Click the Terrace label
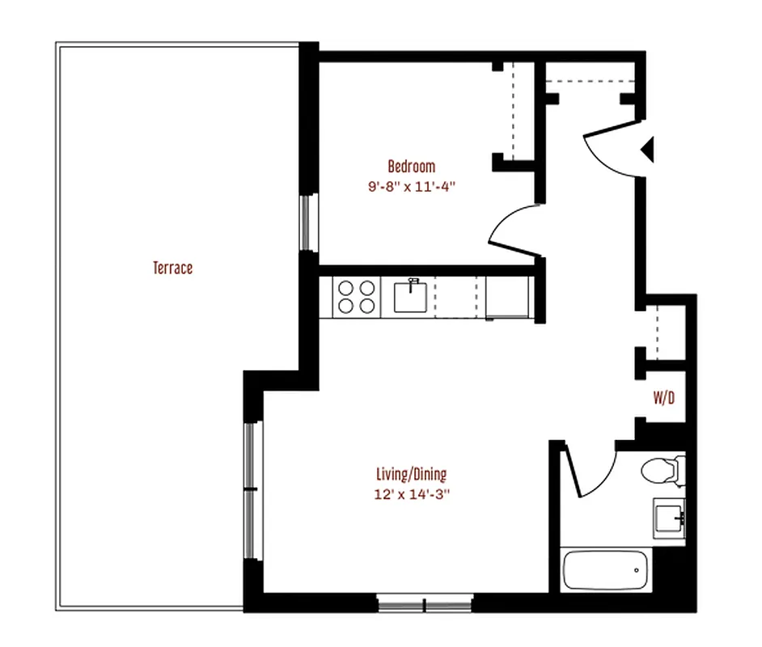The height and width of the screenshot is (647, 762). pyautogui.click(x=173, y=268)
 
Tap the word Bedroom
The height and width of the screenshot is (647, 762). pyautogui.click(x=411, y=167)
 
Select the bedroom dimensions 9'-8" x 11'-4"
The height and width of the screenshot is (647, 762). pyautogui.click(x=411, y=185)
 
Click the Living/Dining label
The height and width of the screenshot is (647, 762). pyautogui.click(x=411, y=474)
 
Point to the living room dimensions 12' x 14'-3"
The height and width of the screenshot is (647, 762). pyautogui.click(x=411, y=493)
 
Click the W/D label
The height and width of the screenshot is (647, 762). pyautogui.click(x=665, y=398)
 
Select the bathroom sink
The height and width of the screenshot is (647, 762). pyautogui.click(x=669, y=515)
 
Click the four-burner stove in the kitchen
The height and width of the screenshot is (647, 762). pyautogui.click(x=356, y=296)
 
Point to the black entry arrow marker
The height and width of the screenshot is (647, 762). pyautogui.click(x=648, y=150)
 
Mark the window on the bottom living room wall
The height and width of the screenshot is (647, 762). pyautogui.click(x=425, y=603)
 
